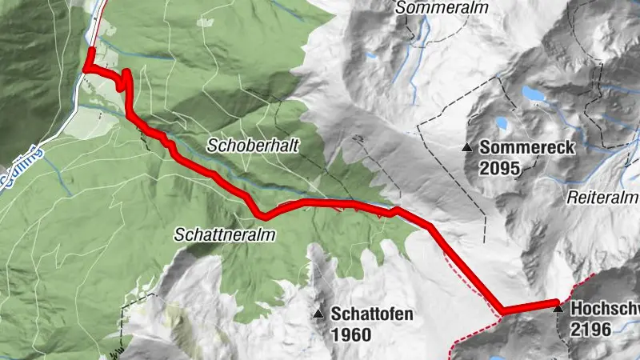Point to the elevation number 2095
500,169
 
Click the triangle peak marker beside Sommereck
467,147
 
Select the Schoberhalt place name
242,146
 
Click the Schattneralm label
225,235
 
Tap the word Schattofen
372,314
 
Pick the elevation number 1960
350,335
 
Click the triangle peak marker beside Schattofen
319,314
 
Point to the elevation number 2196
591,329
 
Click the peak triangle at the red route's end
558,306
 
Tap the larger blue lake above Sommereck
534,94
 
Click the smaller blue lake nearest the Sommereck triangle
502,124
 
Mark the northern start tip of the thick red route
91,50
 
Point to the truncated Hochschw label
605,308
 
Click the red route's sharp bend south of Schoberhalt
262,214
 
